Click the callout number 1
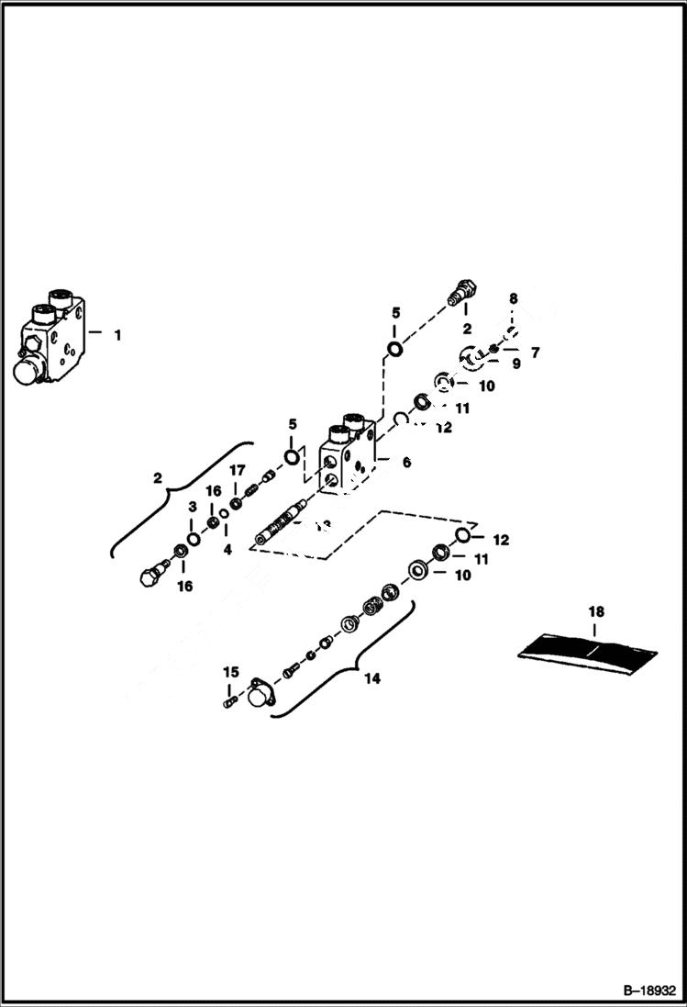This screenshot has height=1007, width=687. point(117,335)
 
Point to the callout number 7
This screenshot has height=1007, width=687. point(537,352)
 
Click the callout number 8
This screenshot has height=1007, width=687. point(514,298)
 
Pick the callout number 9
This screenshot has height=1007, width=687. point(515,364)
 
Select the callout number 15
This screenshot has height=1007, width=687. point(230,673)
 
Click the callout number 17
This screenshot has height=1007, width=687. point(237,471)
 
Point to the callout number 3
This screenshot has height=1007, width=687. point(193,507)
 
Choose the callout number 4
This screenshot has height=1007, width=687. point(227,549)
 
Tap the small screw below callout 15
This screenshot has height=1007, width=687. point(231,702)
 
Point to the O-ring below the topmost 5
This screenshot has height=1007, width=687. point(394,349)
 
